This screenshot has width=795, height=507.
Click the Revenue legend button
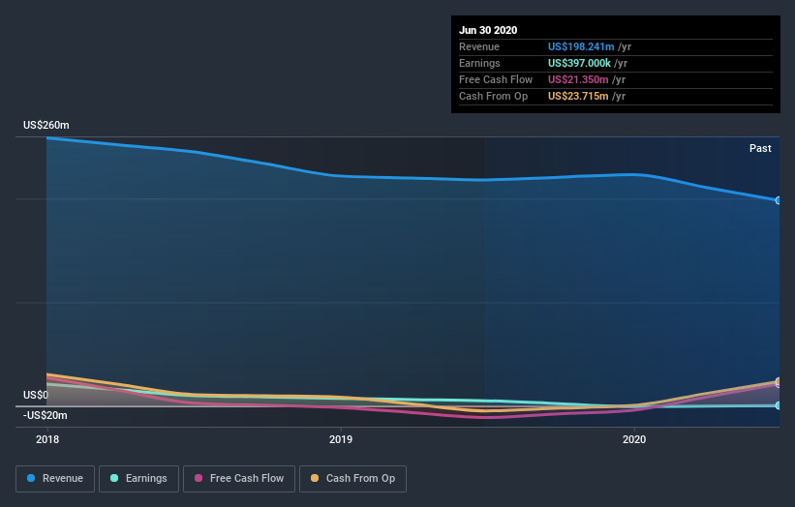point(56,478)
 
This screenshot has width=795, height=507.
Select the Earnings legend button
point(138,478)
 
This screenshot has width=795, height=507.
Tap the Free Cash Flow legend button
point(239,478)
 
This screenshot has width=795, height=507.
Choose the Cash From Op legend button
point(352,478)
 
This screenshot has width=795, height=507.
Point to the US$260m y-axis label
point(46,126)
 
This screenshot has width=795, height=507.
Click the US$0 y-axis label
point(36,396)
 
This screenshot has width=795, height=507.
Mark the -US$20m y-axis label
point(46,415)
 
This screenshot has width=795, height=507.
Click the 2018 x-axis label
point(46,439)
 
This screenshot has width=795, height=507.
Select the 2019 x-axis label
point(341,439)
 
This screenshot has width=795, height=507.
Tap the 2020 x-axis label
point(634,439)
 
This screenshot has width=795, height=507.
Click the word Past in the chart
point(760,148)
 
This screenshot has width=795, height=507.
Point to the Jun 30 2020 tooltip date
point(488,30)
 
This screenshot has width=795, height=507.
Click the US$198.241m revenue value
point(579,46)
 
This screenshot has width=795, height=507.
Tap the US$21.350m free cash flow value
point(576,79)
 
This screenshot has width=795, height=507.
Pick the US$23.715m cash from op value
point(576,96)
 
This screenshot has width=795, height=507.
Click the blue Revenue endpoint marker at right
point(779,200)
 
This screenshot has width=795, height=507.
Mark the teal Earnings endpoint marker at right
point(779,405)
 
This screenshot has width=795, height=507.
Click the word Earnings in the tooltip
point(480,63)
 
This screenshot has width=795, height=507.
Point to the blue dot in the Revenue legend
point(32,478)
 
